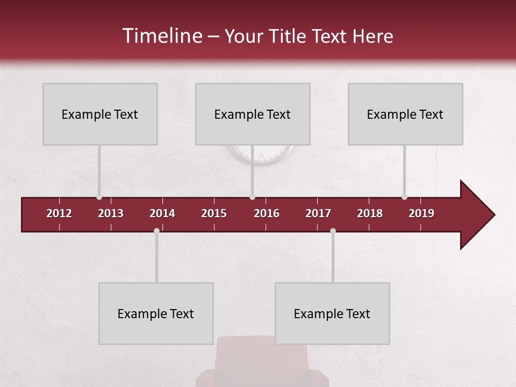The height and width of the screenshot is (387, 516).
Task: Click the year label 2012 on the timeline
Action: pyautogui.click(x=59, y=213)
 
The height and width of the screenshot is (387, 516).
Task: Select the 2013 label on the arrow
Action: pyautogui.click(x=111, y=213)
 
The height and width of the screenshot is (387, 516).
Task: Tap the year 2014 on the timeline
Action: pyautogui.click(x=162, y=213)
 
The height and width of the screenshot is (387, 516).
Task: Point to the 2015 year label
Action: pyautogui.click(x=214, y=213)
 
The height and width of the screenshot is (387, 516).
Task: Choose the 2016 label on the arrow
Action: pyautogui.click(x=267, y=213)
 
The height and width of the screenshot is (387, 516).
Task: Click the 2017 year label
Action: pyautogui.click(x=318, y=213)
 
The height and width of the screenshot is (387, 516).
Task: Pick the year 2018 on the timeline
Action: pyautogui.click(x=370, y=213)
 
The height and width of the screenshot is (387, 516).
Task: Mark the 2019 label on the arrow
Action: pyautogui.click(x=421, y=213)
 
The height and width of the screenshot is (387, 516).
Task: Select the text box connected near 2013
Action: pyautogui.click(x=100, y=114)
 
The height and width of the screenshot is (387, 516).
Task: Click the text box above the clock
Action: pyautogui.click(x=253, y=114)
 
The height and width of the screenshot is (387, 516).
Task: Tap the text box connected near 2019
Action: pyautogui.click(x=405, y=114)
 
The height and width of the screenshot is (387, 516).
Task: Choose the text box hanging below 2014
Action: pyautogui.click(x=156, y=313)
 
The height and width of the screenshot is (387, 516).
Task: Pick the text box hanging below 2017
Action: pyautogui.click(x=332, y=313)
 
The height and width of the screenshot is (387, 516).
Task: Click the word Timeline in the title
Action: pyautogui.click(x=161, y=36)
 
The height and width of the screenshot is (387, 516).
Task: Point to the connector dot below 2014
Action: pyautogui.click(x=156, y=231)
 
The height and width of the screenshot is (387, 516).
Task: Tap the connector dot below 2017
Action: pyautogui.click(x=333, y=231)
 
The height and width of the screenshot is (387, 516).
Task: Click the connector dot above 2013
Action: pyautogui.click(x=99, y=197)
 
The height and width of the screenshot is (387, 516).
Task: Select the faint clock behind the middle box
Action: pyautogui.click(x=261, y=155)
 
